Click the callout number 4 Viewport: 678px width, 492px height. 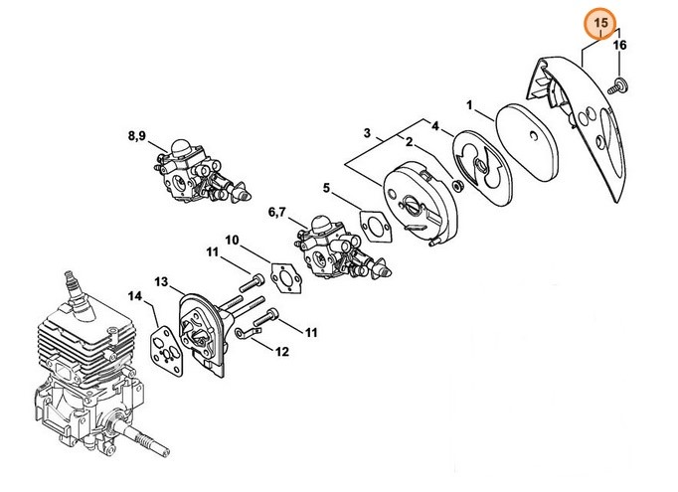pos(433,125)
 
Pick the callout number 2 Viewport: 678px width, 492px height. pos(406,144)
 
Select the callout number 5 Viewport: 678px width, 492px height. pos(326,187)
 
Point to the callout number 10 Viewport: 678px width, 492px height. pos(231,241)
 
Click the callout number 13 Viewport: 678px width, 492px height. pos(163,282)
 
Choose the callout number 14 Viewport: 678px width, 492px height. pos(135,295)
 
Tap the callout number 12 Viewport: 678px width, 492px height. pos(281,351)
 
